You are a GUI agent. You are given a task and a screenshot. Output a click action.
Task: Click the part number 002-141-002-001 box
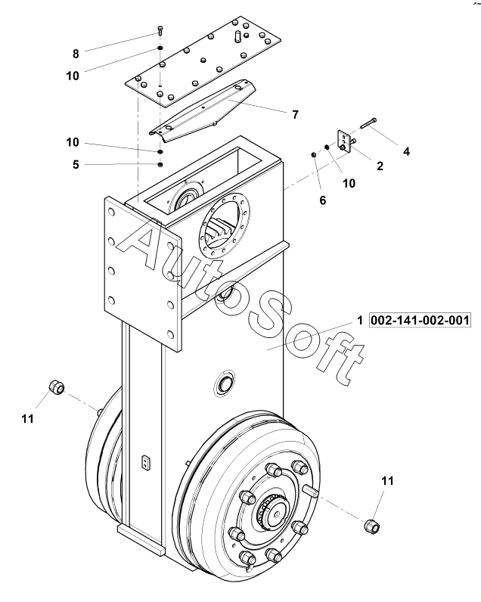(420, 320)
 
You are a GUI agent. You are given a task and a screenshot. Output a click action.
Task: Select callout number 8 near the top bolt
(76, 54)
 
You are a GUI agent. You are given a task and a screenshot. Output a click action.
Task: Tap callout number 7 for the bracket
(295, 114)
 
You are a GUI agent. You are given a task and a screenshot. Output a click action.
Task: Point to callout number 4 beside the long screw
(406, 151)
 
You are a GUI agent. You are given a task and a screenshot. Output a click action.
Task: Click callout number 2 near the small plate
(380, 166)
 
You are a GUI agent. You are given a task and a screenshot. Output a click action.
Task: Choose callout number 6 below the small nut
(322, 200)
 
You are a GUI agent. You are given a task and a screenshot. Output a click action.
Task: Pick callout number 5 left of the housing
(76, 164)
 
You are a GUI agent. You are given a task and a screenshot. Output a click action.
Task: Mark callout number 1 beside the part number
(360, 320)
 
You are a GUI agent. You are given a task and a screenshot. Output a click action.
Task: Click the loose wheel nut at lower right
(371, 525)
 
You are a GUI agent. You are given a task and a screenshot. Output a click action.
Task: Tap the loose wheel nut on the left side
(57, 386)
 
